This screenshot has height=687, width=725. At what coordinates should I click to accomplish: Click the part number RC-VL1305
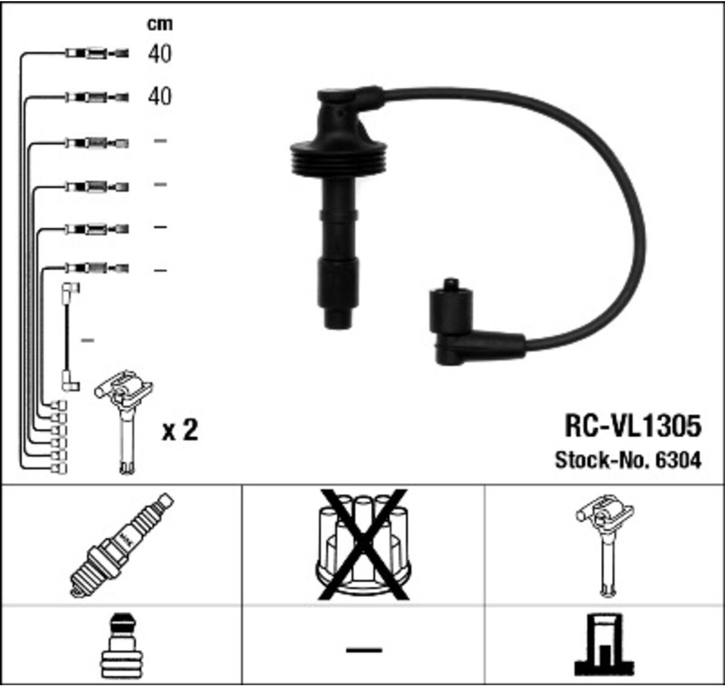click(633, 426)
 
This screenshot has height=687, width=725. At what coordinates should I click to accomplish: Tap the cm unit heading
click(159, 24)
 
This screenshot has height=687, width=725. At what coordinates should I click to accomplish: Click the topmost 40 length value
click(159, 54)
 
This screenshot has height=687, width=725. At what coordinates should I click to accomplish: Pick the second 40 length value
click(159, 96)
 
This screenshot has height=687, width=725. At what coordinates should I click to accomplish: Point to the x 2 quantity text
click(180, 431)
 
